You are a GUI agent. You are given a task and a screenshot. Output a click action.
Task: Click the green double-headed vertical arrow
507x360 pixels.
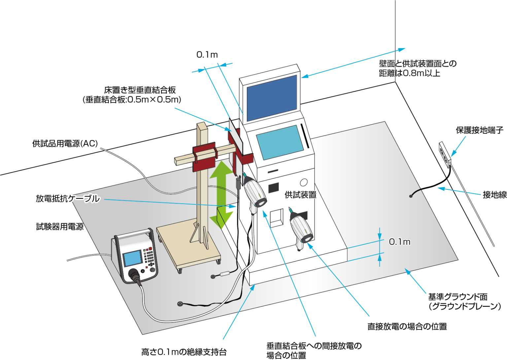[221, 195]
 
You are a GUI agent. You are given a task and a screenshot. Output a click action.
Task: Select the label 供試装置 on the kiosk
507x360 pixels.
[300, 195]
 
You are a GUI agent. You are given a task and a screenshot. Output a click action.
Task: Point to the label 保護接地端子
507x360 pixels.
[480, 130]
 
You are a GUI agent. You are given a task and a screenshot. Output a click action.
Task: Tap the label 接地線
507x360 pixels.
[494, 195]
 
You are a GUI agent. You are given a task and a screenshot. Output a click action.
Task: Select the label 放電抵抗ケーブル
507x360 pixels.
[68, 199]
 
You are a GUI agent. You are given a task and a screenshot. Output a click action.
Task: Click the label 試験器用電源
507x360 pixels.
[60, 227]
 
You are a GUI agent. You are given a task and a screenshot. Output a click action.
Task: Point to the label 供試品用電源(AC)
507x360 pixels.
[65, 144]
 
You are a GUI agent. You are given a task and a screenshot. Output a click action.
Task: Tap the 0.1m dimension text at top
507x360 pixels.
[207, 55]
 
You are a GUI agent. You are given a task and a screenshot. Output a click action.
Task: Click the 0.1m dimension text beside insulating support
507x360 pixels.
[399, 242]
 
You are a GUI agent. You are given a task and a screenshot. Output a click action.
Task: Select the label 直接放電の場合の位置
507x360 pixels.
[407, 327]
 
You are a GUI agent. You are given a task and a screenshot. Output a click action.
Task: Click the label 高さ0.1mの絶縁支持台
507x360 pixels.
[184, 352]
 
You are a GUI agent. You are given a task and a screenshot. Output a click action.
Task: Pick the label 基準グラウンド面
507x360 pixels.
[457, 297]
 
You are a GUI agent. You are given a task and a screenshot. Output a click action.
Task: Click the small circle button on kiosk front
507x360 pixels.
[304, 182]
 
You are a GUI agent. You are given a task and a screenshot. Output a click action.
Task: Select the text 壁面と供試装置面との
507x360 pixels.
[418, 64]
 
